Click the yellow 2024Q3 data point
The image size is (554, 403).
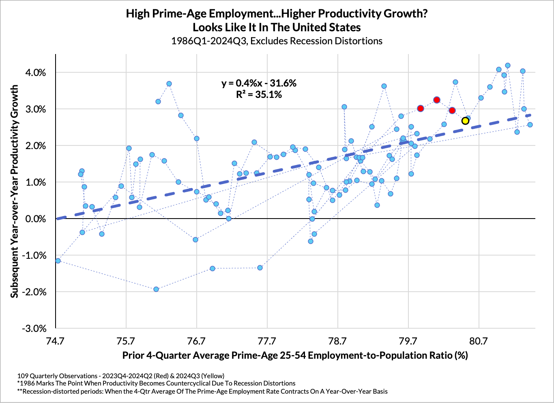[465, 121]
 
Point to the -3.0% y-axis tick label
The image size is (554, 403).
[36, 328]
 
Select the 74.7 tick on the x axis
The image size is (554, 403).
[55, 340]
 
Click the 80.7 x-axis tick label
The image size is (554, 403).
[479, 340]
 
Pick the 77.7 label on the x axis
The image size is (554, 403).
[267, 340]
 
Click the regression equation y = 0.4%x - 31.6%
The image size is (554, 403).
[259, 83]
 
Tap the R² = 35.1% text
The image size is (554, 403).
[259, 95]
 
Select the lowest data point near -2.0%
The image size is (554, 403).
[156, 289]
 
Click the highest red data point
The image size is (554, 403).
[436, 100]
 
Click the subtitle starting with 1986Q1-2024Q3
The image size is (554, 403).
[277, 41]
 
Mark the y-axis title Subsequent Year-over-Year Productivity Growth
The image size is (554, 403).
[15, 191]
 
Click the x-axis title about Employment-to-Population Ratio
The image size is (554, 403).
[295, 355]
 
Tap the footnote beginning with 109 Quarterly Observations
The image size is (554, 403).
[121, 376]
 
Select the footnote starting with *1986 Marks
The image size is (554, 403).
[156, 383]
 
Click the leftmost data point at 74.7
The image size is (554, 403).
[58, 260]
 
